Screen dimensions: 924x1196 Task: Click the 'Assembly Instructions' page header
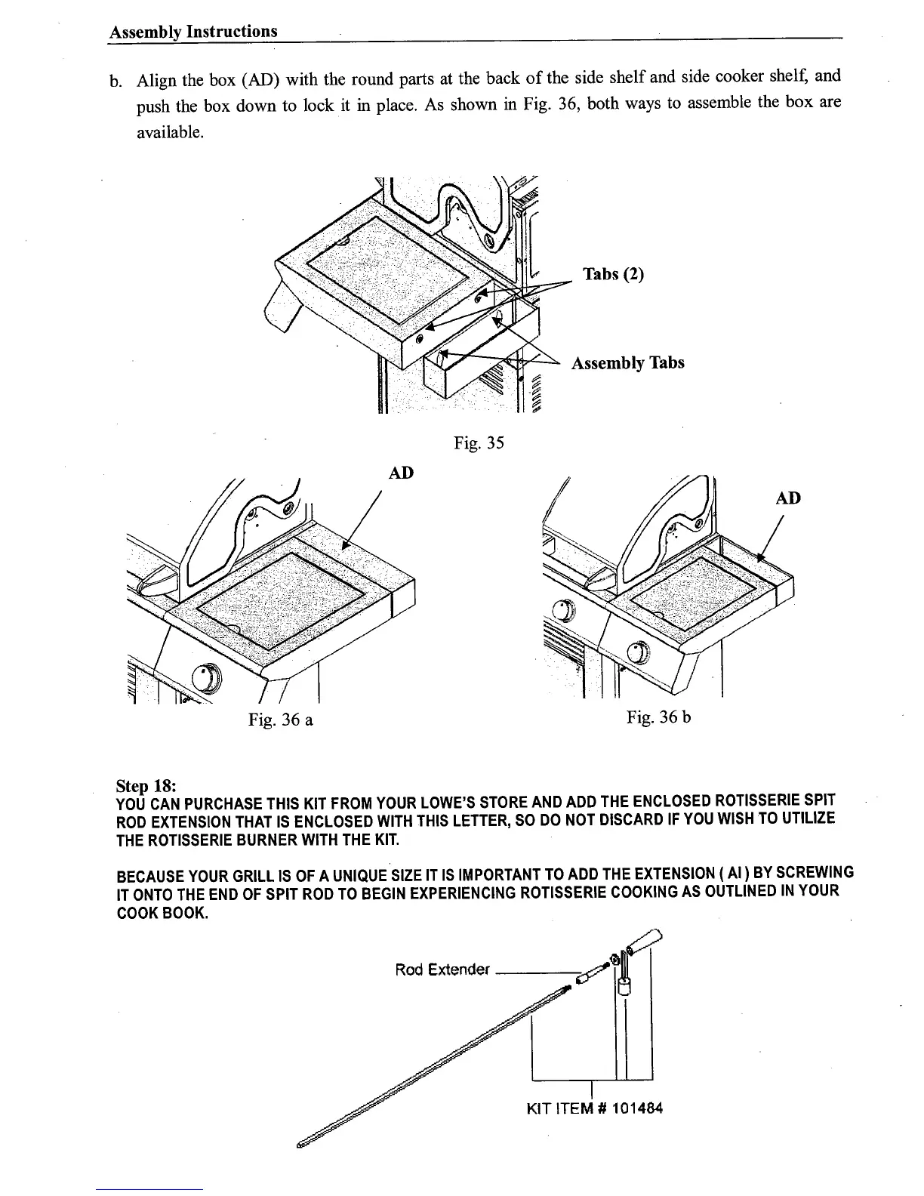193,32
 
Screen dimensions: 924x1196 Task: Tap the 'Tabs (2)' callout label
613,274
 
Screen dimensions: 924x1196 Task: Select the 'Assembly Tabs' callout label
627,363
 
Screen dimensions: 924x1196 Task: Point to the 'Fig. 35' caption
478,443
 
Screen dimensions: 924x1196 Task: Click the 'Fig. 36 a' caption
281,720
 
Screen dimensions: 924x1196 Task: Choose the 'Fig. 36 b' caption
658,717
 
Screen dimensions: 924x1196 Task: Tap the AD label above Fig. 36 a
400,473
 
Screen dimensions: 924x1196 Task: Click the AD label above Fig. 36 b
788,498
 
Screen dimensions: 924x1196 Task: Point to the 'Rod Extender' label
442,969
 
